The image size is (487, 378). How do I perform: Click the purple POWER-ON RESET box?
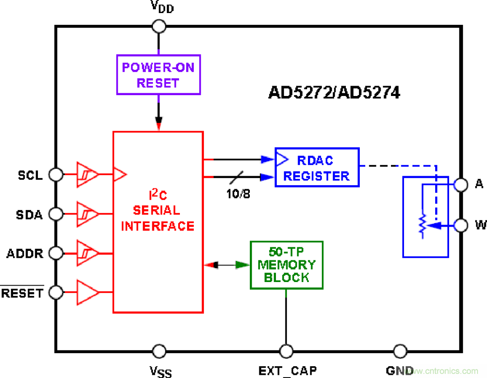point(158,75)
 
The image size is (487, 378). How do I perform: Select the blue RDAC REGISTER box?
point(317,167)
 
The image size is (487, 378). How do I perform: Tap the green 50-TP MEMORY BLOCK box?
point(286,265)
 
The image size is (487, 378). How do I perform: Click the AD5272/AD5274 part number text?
point(334,93)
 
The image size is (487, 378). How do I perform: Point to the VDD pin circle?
point(159,26)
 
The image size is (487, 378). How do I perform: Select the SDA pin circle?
point(55,213)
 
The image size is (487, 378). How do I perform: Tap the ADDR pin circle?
point(55,253)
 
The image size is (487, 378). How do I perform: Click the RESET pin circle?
point(55,292)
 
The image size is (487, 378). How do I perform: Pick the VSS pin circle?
point(159,351)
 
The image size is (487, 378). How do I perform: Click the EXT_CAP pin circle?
point(286,351)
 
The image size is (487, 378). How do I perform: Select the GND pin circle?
point(400,351)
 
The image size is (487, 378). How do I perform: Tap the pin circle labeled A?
point(460,184)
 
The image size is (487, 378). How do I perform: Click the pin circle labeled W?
point(460,224)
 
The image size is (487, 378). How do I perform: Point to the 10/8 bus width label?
point(238,194)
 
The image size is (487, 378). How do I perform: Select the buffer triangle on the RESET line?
point(87,292)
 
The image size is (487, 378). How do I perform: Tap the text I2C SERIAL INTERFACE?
point(158,210)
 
